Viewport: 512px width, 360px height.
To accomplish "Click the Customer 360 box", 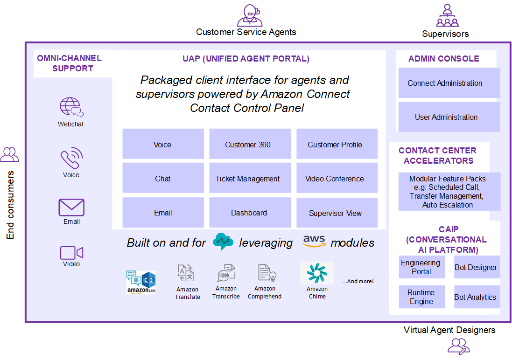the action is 250,144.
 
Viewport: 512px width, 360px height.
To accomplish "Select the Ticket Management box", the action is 250,178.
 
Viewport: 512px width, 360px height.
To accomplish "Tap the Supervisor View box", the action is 337,213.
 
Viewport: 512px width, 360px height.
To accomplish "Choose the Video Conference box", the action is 337,178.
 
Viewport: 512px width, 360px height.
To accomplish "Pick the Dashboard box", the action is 250,213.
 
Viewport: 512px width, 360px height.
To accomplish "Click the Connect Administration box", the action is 449,83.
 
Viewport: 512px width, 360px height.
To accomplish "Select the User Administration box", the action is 449,117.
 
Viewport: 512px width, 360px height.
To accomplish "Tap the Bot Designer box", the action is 477,267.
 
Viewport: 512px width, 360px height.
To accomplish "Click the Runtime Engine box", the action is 421,297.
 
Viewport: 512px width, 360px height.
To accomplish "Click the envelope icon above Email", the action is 71,207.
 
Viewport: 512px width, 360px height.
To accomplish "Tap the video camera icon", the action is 71,253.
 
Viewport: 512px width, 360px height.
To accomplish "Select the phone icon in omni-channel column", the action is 71,158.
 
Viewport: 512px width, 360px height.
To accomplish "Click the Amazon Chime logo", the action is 317,273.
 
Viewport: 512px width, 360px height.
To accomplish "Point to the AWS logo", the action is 314,241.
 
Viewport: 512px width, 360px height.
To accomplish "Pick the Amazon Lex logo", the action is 141,282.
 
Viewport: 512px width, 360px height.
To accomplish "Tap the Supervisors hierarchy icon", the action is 447,15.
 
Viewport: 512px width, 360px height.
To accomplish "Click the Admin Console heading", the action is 444,59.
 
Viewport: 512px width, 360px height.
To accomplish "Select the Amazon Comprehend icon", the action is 267,273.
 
